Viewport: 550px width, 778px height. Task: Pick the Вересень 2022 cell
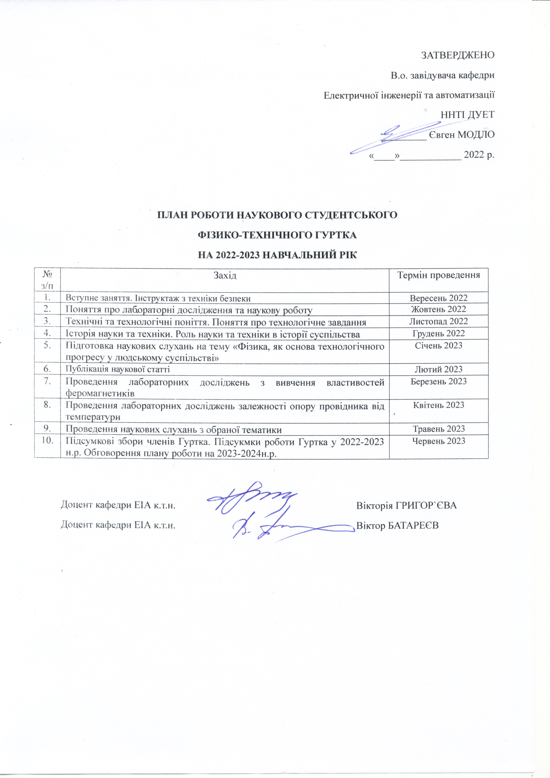pyautogui.click(x=439, y=298)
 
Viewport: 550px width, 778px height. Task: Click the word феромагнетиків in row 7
pyautogui.click(x=100, y=393)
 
